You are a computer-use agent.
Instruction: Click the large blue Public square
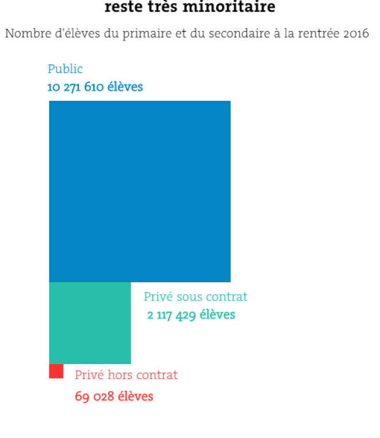click(140, 191)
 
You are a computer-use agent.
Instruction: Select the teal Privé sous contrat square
click(90, 323)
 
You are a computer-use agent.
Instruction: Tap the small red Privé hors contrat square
click(56, 371)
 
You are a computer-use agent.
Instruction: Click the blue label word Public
click(65, 69)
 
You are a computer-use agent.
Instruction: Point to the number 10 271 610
click(75, 88)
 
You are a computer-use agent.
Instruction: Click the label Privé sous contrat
click(195, 297)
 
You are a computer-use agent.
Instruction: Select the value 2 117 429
click(172, 315)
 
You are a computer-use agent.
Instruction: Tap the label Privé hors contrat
click(126, 376)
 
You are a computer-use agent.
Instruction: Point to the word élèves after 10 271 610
click(125, 88)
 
